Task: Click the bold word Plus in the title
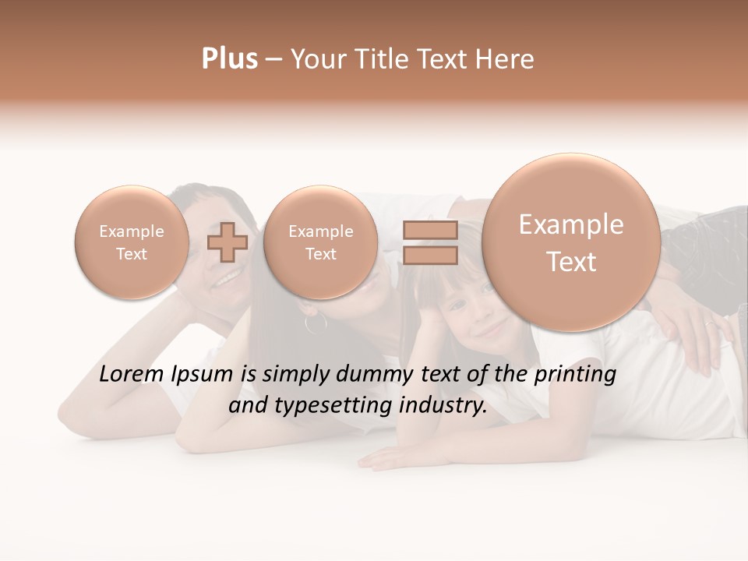(x=229, y=58)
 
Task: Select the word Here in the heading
(x=506, y=58)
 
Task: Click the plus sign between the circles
(x=228, y=242)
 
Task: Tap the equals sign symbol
(x=429, y=242)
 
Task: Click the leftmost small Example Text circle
(x=131, y=242)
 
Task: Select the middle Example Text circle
(x=320, y=242)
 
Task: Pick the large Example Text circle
(x=571, y=242)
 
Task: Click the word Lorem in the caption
(x=130, y=374)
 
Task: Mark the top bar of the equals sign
(x=429, y=230)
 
